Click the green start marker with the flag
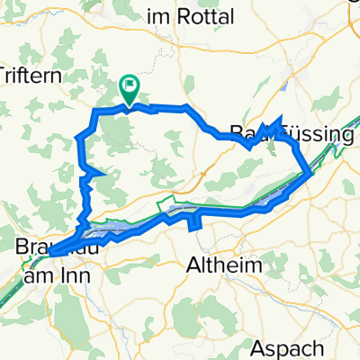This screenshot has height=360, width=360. (130, 88)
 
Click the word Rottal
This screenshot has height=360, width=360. (206, 16)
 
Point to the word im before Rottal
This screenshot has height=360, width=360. (159, 16)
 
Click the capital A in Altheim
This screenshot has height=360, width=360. (192, 265)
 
